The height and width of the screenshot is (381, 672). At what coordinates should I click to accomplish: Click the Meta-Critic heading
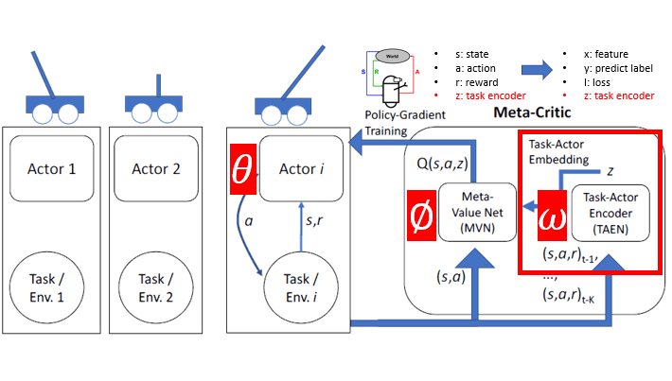531,113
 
